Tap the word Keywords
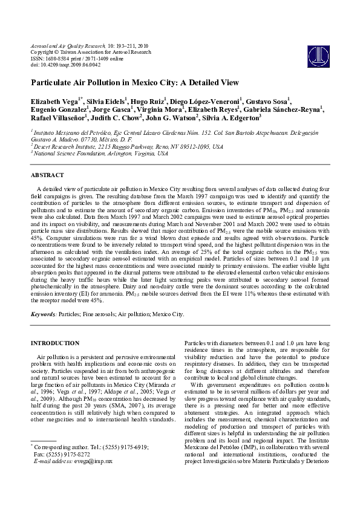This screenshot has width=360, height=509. point(44,314)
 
